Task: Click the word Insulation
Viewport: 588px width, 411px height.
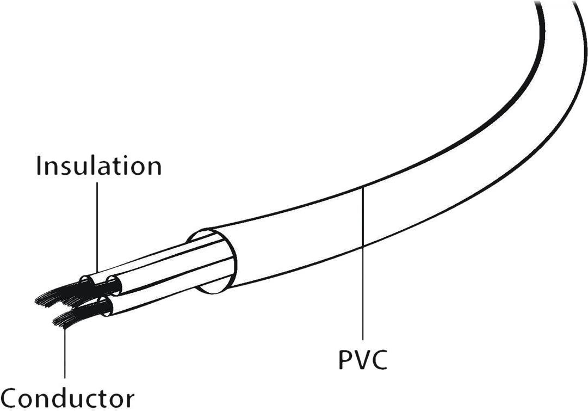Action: click(x=98, y=165)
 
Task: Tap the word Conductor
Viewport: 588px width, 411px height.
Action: click(x=67, y=398)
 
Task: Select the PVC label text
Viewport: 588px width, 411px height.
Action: click(x=363, y=360)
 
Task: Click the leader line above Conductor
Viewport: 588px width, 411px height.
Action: click(x=65, y=354)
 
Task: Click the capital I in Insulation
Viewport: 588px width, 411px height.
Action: click(x=39, y=165)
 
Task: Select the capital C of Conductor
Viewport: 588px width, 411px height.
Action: click(x=10, y=398)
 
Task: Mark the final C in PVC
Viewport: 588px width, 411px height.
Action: click(x=379, y=360)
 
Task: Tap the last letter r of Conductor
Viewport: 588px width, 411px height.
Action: click(x=129, y=400)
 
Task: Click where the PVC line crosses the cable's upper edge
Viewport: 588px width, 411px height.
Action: click(x=363, y=187)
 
